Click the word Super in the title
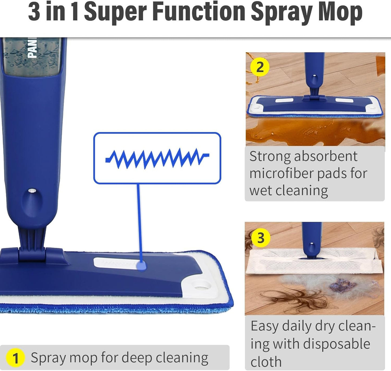(x=115, y=12)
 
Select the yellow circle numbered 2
(x=260, y=67)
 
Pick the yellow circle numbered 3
(x=261, y=238)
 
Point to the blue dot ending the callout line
(x=141, y=266)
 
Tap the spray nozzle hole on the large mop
(x=32, y=191)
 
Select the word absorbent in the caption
(x=326, y=156)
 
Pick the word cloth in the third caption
(x=266, y=362)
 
